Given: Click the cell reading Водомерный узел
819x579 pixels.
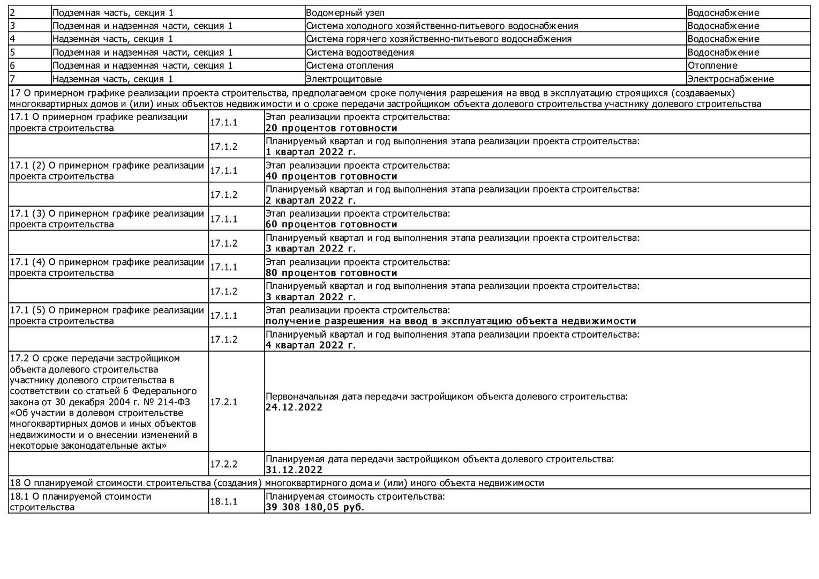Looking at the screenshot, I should pos(345,12).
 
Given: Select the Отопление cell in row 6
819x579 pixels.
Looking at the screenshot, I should pos(712,65).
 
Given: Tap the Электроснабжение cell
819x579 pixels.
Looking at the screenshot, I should pos(730,79).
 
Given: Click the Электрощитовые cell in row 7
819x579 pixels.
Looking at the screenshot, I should pos(343,79).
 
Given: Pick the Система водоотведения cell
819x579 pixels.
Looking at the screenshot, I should pos(359,52).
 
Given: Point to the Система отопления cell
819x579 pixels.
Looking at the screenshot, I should pos(349,65).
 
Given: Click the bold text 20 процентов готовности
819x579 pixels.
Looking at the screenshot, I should pos(331,128).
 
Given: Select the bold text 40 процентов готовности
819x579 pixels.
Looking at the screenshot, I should pos(331,176).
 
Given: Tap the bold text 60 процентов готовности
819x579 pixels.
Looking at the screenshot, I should pos(331,225).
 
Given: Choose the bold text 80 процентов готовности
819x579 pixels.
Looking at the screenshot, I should pos(331,273).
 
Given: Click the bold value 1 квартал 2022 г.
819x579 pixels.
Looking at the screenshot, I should pos(311,152).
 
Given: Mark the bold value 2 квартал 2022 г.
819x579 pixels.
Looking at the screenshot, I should pos(311,201).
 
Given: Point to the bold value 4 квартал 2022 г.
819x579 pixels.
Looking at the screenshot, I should pos(311,345).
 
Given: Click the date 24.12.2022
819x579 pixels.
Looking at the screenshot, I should pos(294,407).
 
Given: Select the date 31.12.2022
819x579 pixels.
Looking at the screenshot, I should pos(294,470).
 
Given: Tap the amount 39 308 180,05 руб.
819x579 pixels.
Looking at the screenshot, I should pos(314,507).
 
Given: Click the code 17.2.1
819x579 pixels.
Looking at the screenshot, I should pos(223,402).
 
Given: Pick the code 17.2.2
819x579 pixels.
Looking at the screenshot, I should pos(223,464).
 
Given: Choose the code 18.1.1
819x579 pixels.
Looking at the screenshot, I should pos(223,501).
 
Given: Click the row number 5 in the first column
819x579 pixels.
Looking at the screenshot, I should pos(12,52).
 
